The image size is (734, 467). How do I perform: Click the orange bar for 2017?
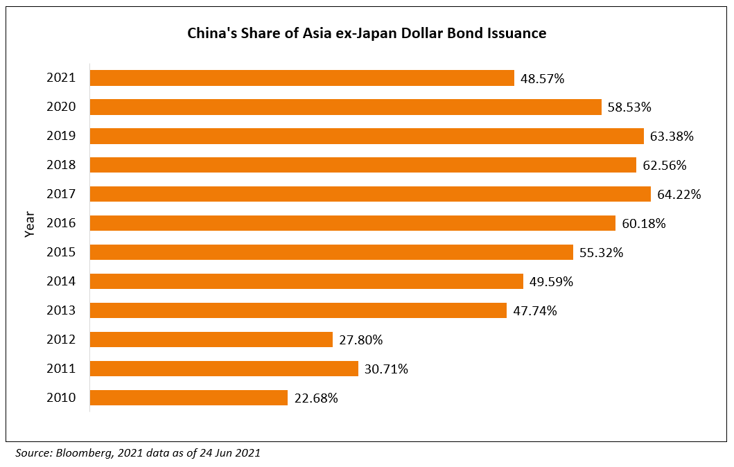[x=370, y=194]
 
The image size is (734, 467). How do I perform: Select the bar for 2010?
[x=189, y=398]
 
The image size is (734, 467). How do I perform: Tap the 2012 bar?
[x=211, y=340]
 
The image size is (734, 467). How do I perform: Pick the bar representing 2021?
[x=302, y=78]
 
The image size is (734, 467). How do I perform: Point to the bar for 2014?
[x=306, y=281]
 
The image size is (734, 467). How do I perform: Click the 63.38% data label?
[x=672, y=136]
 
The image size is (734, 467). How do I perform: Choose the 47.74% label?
[x=534, y=311]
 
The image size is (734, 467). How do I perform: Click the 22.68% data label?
[x=315, y=398]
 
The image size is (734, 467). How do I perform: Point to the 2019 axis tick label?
[x=61, y=136]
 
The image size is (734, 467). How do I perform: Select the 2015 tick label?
[x=61, y=252]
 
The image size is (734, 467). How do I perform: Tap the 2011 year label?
[x=61, y=369]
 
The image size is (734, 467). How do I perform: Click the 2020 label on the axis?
[x=61, y=107]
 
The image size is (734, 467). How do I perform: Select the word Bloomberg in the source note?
[x=84, y=453]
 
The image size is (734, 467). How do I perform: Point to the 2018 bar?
[x=363, y=165]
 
